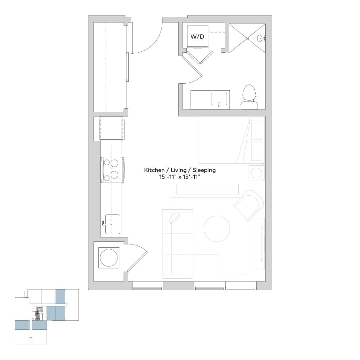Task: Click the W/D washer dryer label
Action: pos(197,37)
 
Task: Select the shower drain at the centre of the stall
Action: pos(247,38)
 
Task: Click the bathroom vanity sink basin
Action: pos(219,99)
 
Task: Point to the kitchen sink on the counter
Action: pos(112,224)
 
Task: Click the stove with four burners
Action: pos(112,170)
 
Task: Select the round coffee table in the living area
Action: pos(217,229)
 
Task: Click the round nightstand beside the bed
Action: pos(257,173)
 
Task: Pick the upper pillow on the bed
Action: pos(257,130)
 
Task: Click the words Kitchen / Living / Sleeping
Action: pos(180,170)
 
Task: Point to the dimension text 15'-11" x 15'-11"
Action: pos(180,177)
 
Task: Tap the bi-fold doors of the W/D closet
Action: pos(199,58)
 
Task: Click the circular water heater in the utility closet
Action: pos(109,258)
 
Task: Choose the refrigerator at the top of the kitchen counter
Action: pos(111,128)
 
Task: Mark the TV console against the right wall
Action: pos(260,244)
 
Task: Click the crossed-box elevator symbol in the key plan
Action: pos(40,309)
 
